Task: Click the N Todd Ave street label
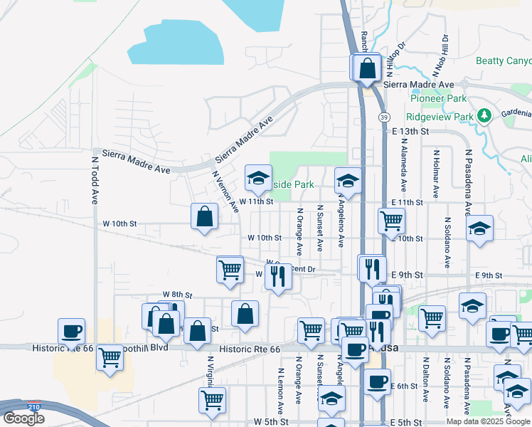94,178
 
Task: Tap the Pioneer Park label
438,99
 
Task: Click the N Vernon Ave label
224,191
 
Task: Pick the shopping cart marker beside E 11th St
391,221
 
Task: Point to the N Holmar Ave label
435,174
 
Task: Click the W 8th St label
178,294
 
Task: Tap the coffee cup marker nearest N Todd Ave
72,331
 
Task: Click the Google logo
23,418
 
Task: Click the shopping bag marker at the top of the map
368,68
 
